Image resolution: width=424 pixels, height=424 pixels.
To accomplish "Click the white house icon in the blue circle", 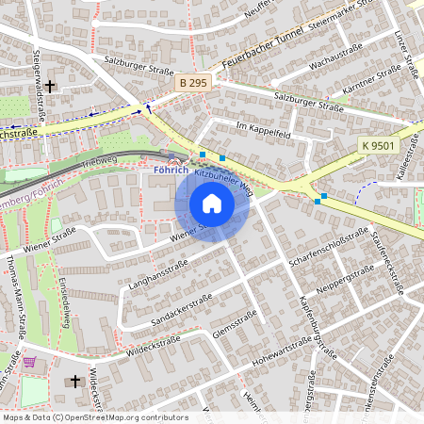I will point(212,204).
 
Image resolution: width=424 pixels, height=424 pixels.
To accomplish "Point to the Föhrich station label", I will point(171,171).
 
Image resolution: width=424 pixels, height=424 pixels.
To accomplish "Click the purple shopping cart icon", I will point(32,361).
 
